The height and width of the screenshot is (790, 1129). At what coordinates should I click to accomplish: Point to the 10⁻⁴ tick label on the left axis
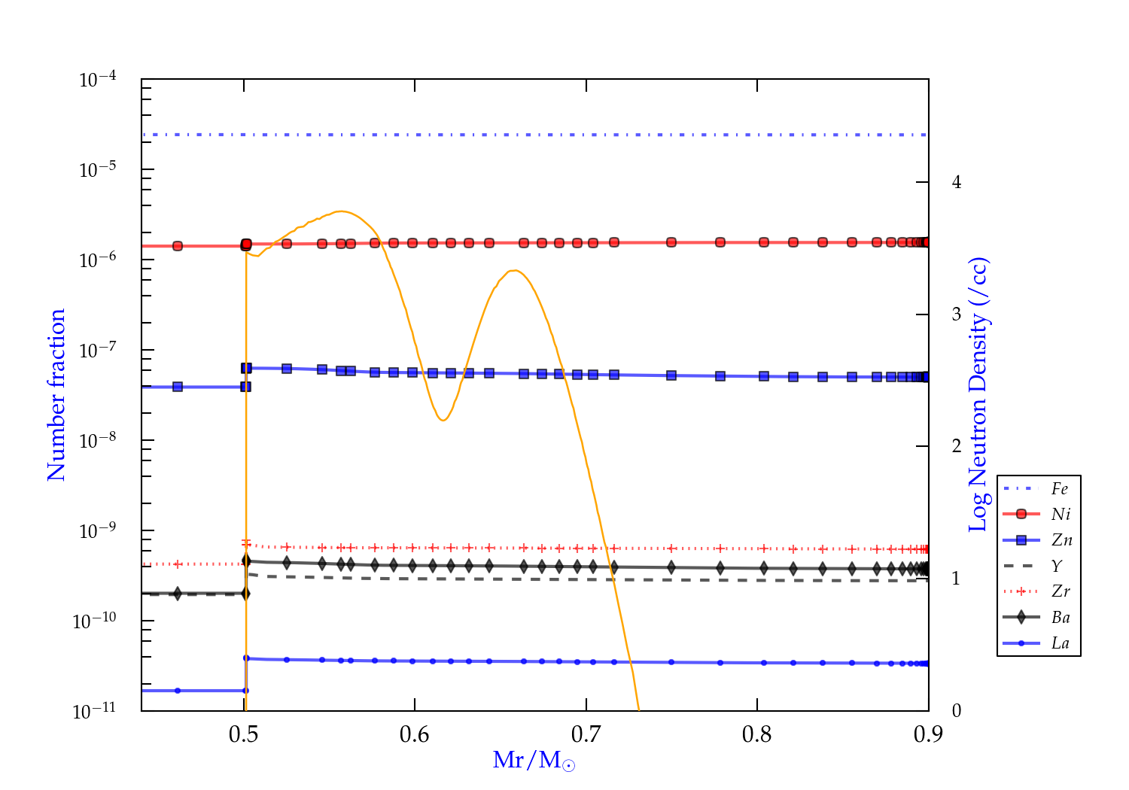coord(98,79)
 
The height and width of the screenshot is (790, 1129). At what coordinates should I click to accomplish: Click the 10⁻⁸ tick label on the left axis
coord(98,440)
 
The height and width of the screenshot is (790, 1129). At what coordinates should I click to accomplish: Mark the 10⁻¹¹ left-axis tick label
coord(95,710)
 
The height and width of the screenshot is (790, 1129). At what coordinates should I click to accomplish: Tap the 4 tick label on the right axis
coord(957,182)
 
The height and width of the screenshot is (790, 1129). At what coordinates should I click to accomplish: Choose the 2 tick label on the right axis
coord(957,446)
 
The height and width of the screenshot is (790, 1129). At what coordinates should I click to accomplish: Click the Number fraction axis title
coord(57,395)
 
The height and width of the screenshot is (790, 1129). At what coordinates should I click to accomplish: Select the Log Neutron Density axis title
coord(979,395)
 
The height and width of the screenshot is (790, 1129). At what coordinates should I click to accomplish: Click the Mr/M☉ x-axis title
coord(534,761)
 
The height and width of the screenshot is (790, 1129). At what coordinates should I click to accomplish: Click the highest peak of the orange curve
coord(341,211)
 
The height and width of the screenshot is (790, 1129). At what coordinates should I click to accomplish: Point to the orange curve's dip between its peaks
coord(443,420)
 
